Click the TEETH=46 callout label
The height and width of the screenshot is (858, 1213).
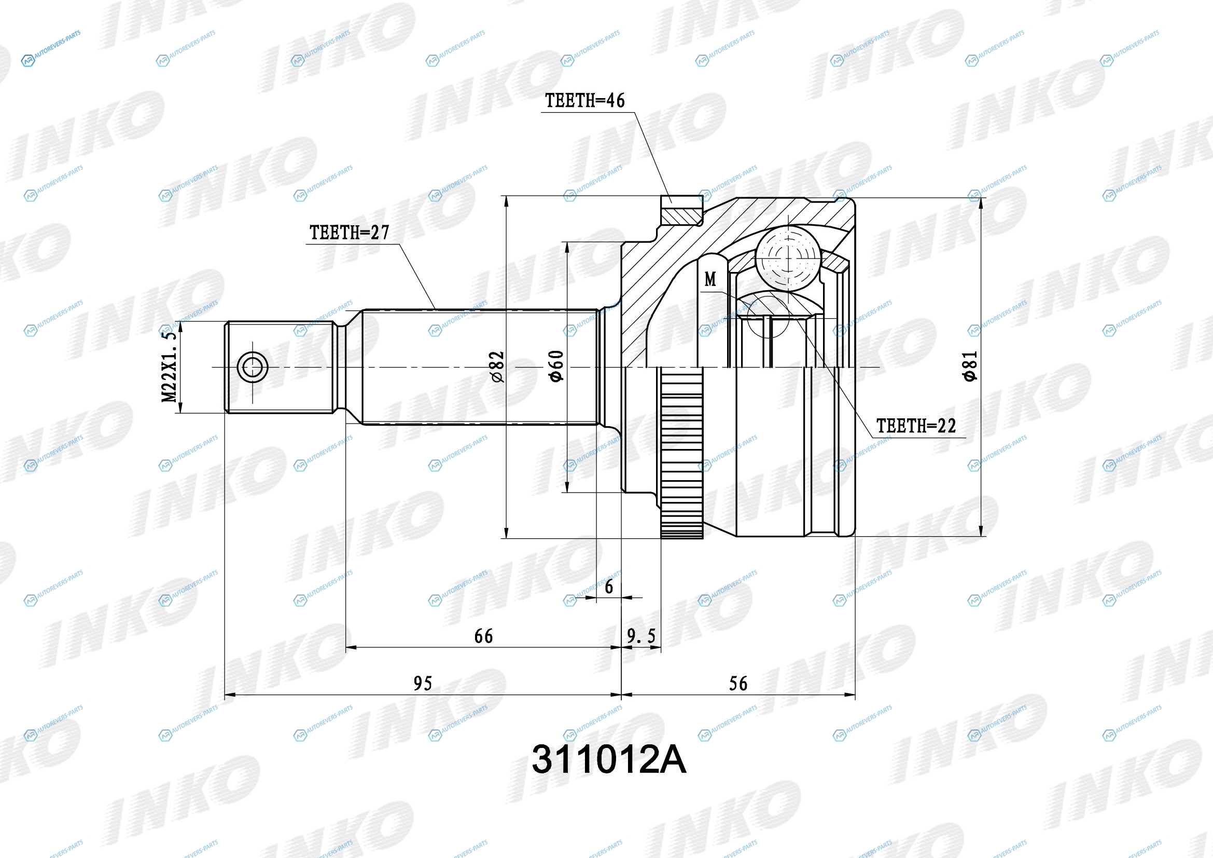pyautogui.click(x=585, y=101)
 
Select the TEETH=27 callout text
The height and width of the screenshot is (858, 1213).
pyautogui.click(x=349, y=233)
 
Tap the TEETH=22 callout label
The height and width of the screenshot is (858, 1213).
pyautogui.click(x=916, y=426)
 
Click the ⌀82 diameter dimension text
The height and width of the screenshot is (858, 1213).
pyautogui.click(x=497, y=367)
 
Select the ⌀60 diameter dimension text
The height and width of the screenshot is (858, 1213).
pyautogui.click(x=556, y=366)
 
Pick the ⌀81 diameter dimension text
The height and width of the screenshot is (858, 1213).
pyautogui.click(x=970, y=366)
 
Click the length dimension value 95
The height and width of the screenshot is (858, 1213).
pyautogui.click(x=423, y=684)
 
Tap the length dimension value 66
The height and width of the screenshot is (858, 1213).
pyautogui.click(x=483, y=636)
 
